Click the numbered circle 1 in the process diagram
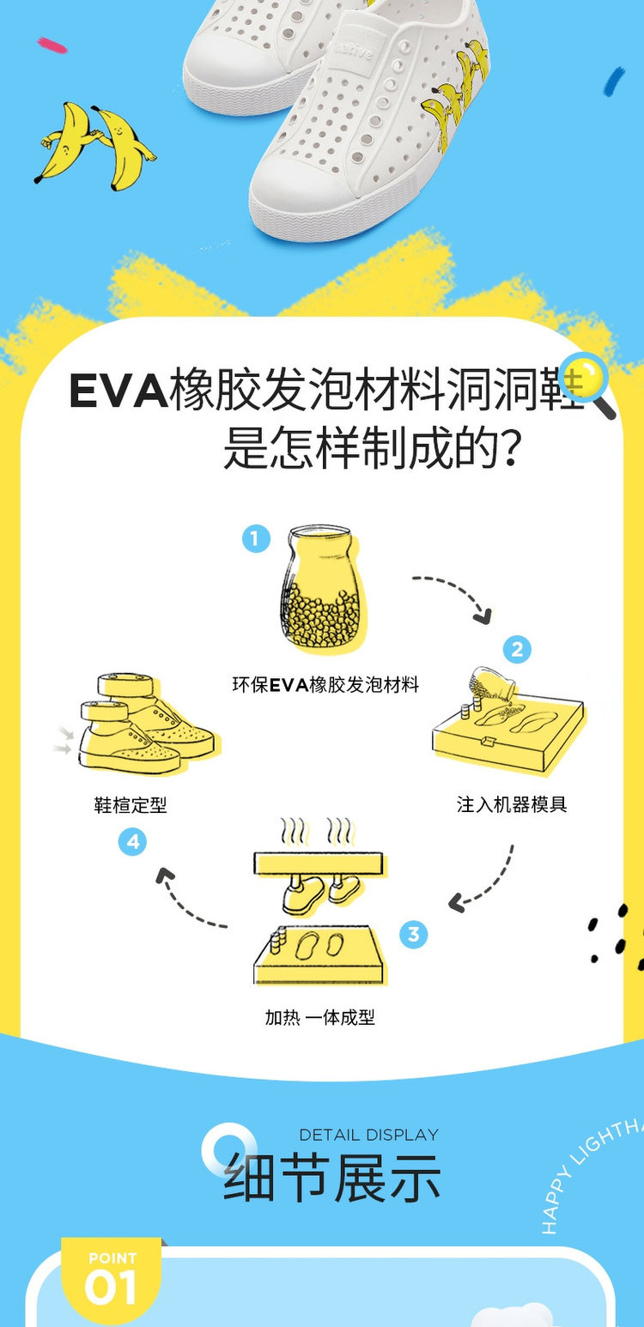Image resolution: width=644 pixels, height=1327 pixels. coord(255,539)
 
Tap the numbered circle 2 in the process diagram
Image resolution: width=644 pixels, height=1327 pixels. coord(517,650)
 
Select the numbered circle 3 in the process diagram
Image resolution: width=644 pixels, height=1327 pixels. coord(413,934)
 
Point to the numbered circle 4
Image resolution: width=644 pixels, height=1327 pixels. coord(133,842)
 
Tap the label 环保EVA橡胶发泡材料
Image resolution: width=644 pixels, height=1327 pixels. coord(325,685)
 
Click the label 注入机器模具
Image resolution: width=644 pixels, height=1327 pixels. coord(512,805)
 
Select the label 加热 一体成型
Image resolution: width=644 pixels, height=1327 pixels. coord(320,1018)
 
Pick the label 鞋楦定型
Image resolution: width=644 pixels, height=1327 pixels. coord(131,805)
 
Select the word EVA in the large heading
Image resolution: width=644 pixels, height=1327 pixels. coord(118,391)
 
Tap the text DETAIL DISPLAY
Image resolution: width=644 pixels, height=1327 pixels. coord(368,1135)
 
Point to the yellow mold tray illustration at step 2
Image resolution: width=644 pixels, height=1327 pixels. coord(507,725)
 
